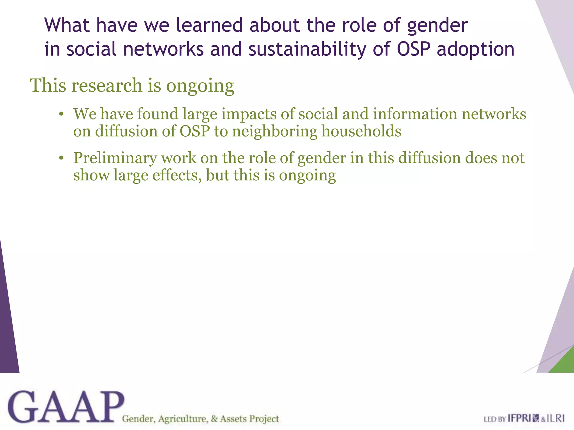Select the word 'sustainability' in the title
tap(307, 49)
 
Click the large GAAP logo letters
tap(66, 407)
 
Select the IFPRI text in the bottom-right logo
tap(519, 419)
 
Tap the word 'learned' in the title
tap(209, 25)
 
